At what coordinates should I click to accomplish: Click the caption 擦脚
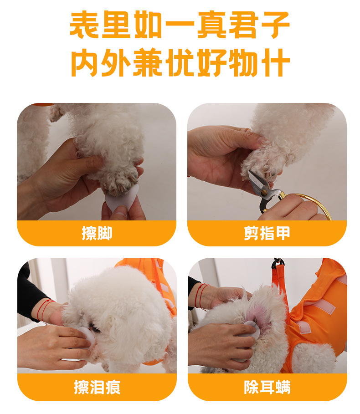[x=97, y=233]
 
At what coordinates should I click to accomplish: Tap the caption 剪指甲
[x=267, y=233]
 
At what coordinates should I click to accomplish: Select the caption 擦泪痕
[x=97, y=387]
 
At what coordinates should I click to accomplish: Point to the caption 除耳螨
[x=267, y=387]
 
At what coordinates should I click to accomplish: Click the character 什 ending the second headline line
[x=276, y=62]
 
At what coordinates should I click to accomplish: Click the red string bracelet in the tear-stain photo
[x=46, y=311]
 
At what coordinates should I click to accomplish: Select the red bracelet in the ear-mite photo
[x=201, y=296]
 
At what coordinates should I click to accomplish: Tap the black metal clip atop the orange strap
[x=278, y=263]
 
